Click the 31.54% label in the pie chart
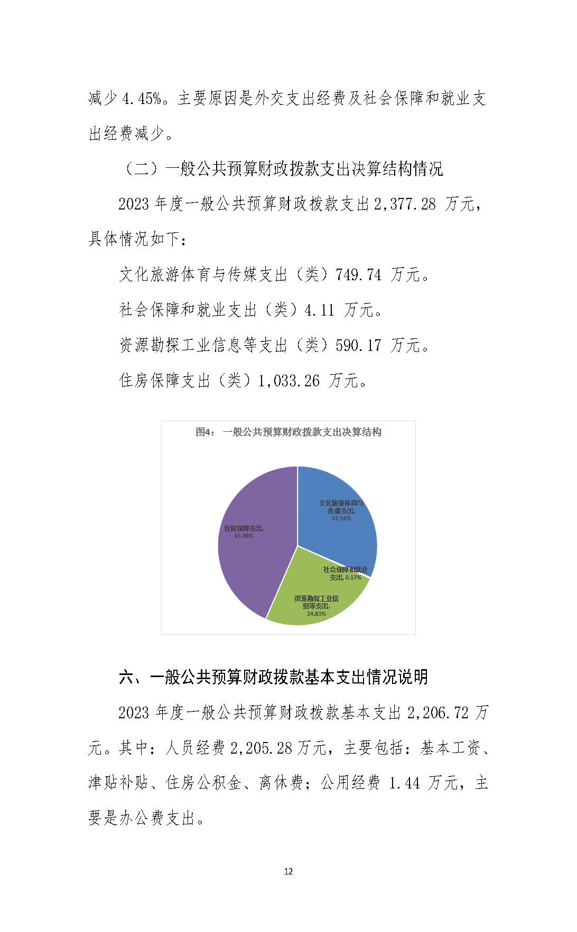click(x=341, y=518)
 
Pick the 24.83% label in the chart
click(x=316, y=614)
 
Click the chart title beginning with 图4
click(x=288, y=432)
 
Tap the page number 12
click(x=288, y=871)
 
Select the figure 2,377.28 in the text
click(x=405, y=204)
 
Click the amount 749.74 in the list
click(x=358, y=275)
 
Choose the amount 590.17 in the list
click(x=358, y=345)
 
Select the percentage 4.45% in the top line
click(x=141, y=99)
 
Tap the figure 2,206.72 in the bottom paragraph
click(x=438, y=713)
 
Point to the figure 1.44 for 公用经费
click(x=404, y=783)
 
